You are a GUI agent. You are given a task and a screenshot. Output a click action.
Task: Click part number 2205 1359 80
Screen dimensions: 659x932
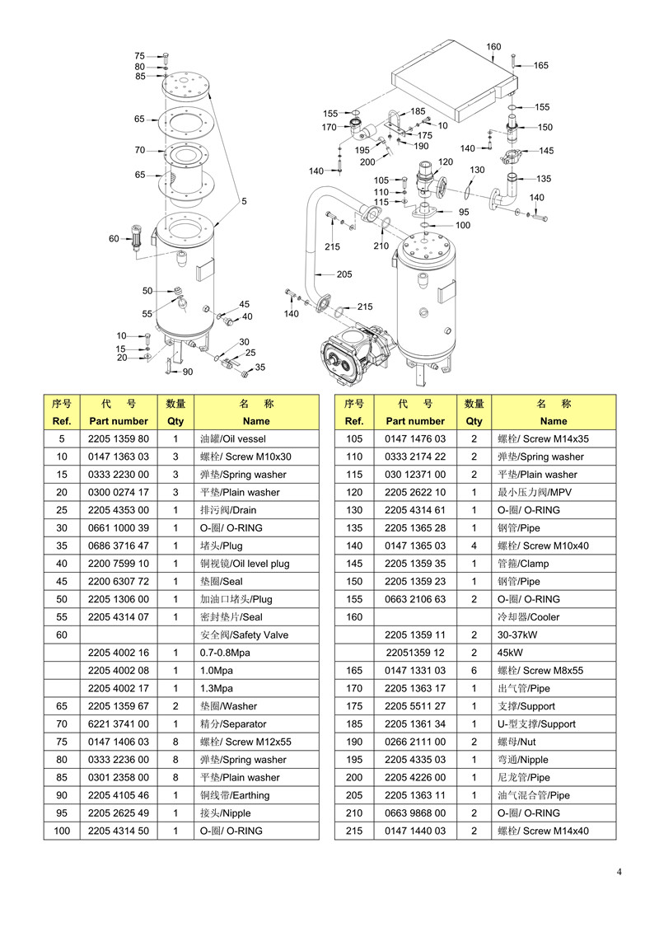[119, 438]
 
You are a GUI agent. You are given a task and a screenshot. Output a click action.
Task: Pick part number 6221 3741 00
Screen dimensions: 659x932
[119, 724]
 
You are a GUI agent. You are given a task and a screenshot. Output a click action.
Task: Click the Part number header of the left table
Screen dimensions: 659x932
[119, 421]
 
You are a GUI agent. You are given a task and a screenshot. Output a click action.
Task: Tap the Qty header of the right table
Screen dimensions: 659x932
[474, 421]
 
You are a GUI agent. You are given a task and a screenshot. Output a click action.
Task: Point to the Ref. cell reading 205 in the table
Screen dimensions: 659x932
[354, 795]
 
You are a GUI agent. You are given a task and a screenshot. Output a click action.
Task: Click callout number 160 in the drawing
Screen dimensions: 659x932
[493, 46]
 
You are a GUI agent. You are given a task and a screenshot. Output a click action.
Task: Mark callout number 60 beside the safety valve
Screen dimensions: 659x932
[114, 238]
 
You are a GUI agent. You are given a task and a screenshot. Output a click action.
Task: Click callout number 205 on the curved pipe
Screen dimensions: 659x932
[344, 274]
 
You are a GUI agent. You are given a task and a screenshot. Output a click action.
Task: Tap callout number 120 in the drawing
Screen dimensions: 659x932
[445, 162]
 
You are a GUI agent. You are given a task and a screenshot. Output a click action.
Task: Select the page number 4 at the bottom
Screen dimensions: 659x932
[619, 872]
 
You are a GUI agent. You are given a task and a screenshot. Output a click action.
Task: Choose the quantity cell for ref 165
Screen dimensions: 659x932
[474, 671]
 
